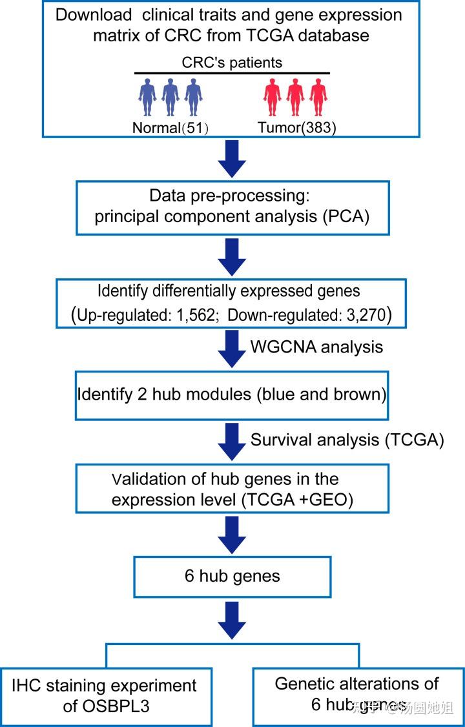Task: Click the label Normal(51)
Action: [x=170, y=128]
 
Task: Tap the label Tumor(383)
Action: [x=297, y=128]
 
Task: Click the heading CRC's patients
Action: [x=232, y=63]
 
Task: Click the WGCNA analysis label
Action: [x=316, y=347]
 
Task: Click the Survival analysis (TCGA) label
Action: [x=347, y=440]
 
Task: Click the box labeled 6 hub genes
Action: [x=232, y=576]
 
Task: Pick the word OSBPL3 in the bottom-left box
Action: [x=107, y=706]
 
